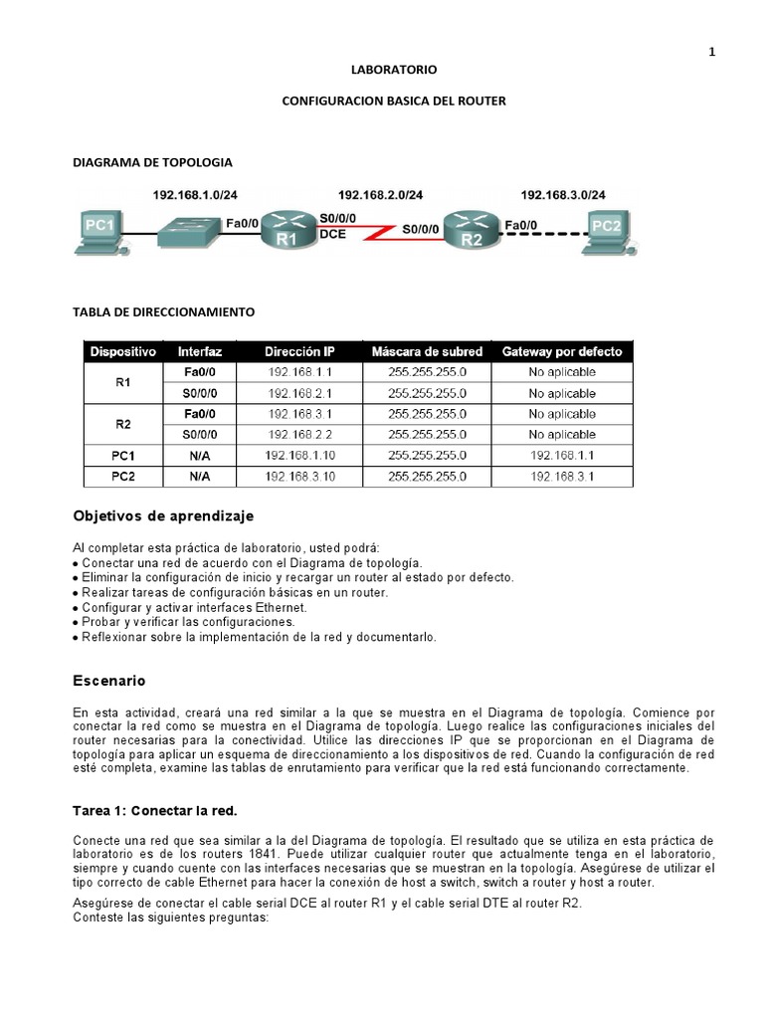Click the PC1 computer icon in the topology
tap(101, 231)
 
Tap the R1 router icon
tap(286, 230)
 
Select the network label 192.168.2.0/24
tap(380, 195)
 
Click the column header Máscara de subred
tap(427, 351)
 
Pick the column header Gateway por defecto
tap(562, 351)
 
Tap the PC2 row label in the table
tap(123, 477)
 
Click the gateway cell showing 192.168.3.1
tap(562, 477)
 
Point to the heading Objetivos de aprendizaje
tap(163, 516)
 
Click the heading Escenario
tap(109, 682)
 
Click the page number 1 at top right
tap(711, 53)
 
